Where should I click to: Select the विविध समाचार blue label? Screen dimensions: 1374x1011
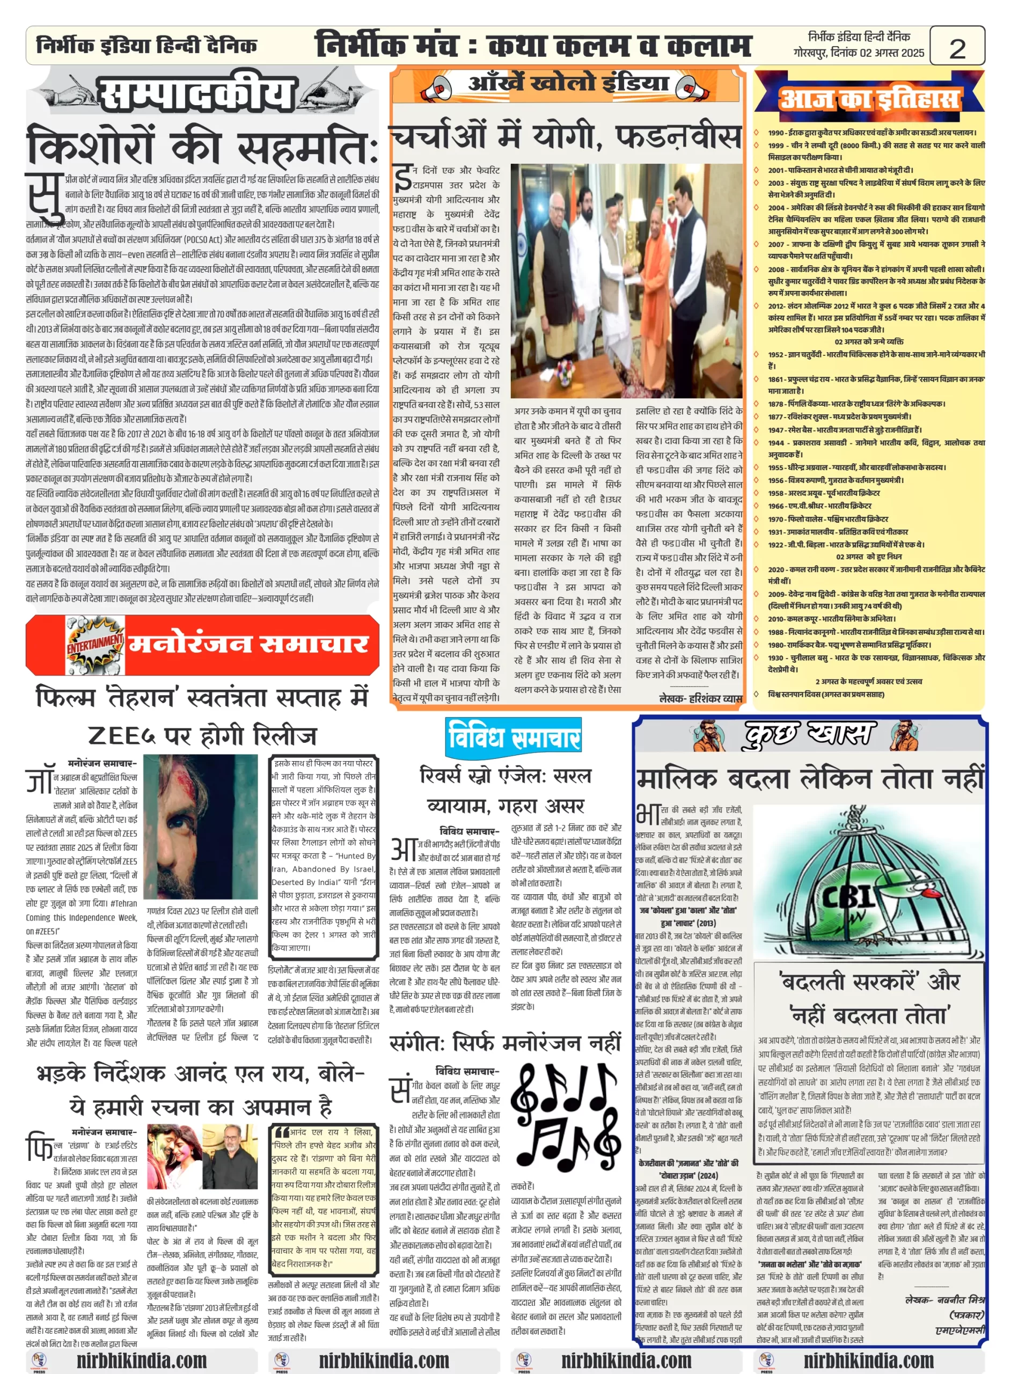pyautogui.click(x=514, y=737)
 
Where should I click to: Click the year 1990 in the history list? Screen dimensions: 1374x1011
pyautogui.click(x=776, y=132)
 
